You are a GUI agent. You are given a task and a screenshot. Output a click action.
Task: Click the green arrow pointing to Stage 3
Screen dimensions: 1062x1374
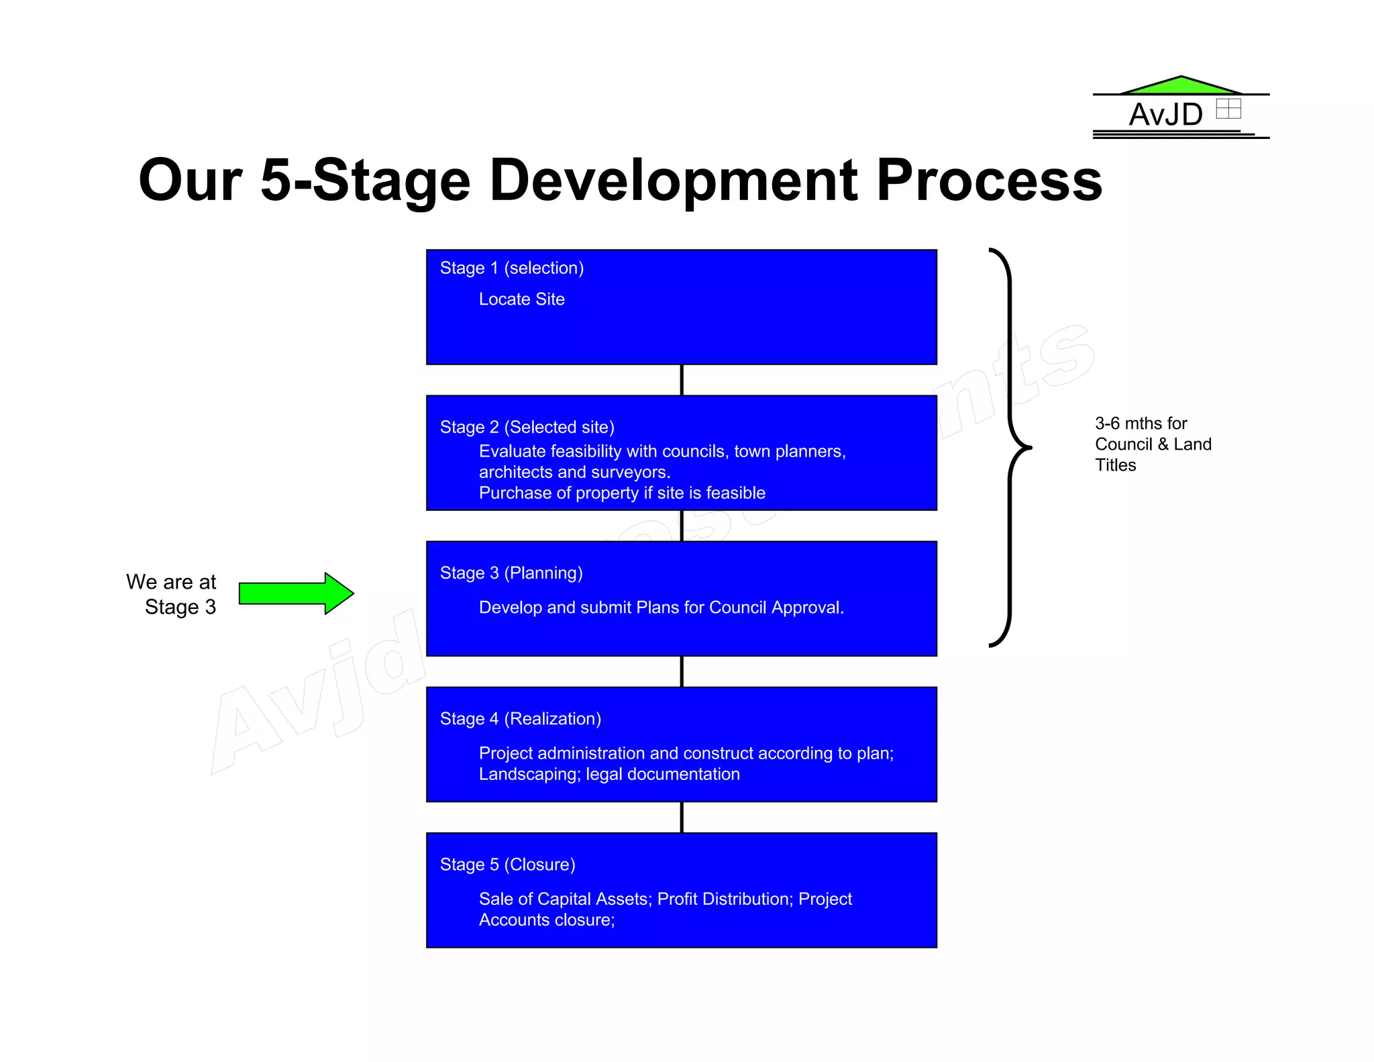pos(295,593)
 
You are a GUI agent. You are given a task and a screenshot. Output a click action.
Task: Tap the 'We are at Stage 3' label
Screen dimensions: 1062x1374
pos(172,594)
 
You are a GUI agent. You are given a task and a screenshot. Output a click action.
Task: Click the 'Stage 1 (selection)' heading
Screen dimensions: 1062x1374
pos(511,268)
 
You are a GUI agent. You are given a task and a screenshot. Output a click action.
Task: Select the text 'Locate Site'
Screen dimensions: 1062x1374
pos(521,299)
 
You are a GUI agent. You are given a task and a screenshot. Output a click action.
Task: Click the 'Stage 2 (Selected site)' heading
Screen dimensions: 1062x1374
pos(527,427)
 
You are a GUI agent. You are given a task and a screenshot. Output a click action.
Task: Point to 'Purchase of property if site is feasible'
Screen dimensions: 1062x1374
pos(621,493)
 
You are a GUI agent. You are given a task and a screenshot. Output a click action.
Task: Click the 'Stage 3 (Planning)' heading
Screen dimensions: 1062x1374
pos(511,573)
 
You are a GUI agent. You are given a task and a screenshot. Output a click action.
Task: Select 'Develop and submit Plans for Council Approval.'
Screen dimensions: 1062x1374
pos(661,608)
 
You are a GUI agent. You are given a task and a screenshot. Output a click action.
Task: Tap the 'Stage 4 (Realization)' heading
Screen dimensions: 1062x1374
pos(520,719)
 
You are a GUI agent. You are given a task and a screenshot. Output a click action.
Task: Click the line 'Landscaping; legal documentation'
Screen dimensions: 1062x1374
pos(609,775)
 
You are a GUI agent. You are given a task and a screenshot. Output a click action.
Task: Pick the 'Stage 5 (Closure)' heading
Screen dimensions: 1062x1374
pos(507,865)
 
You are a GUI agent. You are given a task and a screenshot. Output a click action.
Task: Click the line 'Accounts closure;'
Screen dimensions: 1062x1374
pos(546,920)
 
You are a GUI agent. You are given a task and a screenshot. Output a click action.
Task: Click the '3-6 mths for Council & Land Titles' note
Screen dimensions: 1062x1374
pos(1152,444)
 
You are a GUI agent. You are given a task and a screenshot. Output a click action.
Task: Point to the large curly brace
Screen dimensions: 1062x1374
pos(1010,447)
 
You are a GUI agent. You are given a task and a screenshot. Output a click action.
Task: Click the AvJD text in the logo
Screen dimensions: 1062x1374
pos(1165,115)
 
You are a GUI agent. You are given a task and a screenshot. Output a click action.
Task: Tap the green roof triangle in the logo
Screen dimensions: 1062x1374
pos(1181,86)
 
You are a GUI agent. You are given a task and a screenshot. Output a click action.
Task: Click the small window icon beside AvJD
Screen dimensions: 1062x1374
pos(1228,109)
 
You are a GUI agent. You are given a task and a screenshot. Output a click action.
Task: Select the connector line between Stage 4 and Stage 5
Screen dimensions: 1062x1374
pos(682,818)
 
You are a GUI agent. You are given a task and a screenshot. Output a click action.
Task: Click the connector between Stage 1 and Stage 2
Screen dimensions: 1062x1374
pos(682,380)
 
